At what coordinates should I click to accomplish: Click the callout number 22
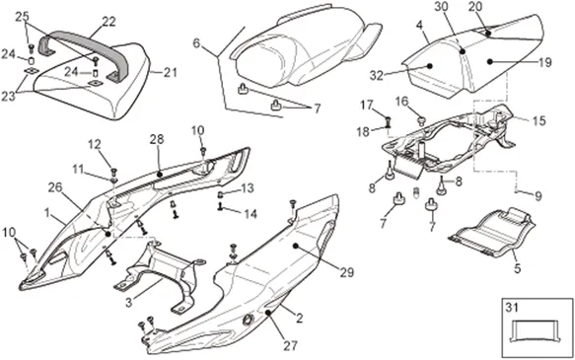tap(108, 22)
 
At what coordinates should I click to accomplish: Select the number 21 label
tap(169, 72)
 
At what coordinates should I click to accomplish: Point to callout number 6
tap(197, 43)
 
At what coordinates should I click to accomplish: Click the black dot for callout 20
tap(488, 33)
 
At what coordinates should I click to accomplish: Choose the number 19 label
tap(545, 62)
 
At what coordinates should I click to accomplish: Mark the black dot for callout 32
tap(430, 66)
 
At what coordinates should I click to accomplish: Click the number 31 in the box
tap(513, 307)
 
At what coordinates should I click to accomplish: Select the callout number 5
tap(517, 268)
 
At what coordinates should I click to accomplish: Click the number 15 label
tap(539, 120)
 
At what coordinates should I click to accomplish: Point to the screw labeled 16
tap(422, 120)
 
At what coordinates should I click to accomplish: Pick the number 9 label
tap(538, 196)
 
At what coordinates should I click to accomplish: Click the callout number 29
tap(347, 272)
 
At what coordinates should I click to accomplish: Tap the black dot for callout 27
tap(268, 313)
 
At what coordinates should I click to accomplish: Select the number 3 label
tap(128, 303)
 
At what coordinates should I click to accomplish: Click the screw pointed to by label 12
tap(113, 171)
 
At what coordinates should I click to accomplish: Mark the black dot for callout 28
tap(160, 175)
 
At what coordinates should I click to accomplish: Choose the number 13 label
tap(248, 188)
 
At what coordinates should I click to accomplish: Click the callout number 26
tap(55, 187)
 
